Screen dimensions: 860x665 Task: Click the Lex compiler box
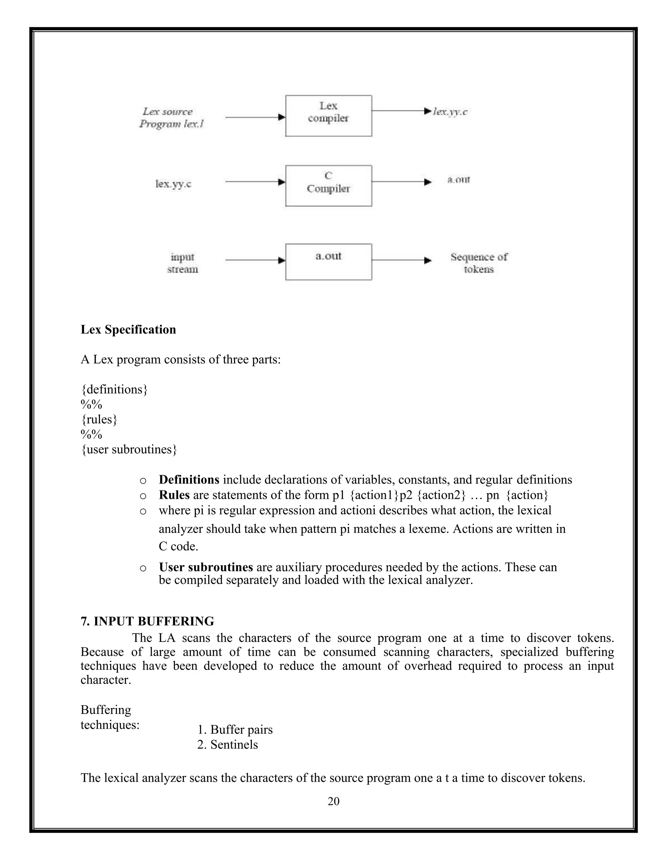click(328, 116)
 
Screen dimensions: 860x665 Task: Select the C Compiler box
click(328, 185)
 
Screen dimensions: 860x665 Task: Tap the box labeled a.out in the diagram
click(328, 262)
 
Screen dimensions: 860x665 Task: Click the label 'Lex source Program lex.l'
click(171, 118)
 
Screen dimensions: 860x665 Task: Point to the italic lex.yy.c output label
click(450, 112)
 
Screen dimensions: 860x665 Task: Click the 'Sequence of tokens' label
click(479, 263)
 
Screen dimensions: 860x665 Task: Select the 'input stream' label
click(182, 263)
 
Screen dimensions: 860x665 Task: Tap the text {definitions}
click(114, 389)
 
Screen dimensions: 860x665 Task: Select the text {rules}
click(99, 419)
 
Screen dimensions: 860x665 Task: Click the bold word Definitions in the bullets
click(189, 480)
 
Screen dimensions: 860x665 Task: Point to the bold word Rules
click(174, 495)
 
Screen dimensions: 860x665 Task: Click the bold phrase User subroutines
click(206, 567)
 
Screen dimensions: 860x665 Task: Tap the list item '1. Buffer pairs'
click(235, 730)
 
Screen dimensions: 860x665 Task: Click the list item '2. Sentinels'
click(227, 744)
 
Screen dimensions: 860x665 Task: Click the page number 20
click(333, 801)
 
